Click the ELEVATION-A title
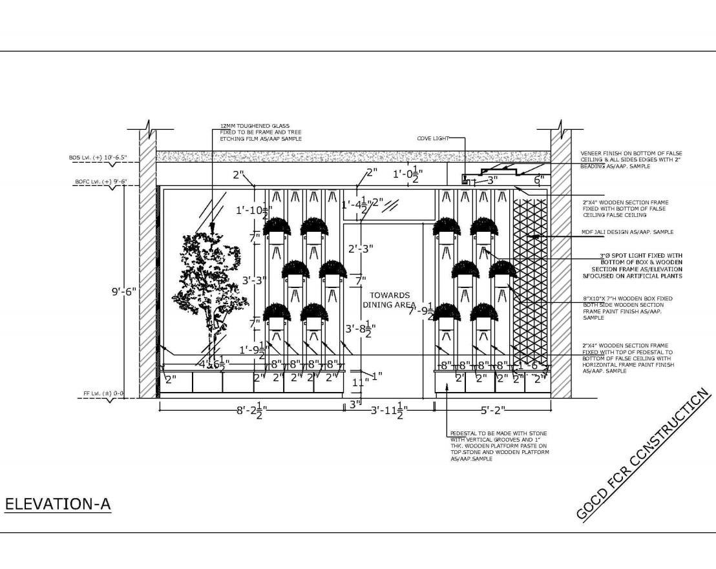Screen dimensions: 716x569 click(x=58, y=504)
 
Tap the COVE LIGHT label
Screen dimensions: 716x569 click(x=432, y=138)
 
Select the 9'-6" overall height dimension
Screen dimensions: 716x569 click(x=124, y=292)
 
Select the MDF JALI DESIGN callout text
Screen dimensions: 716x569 click(x=627, y=232)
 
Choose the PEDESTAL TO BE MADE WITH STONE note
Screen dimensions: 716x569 click(x=499, y=446)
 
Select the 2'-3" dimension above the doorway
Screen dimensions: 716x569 click(x=361, y=249)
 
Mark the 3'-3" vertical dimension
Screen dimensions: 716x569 click(x=255, y=281)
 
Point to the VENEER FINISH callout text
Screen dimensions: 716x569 click(x=631, y=160)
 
